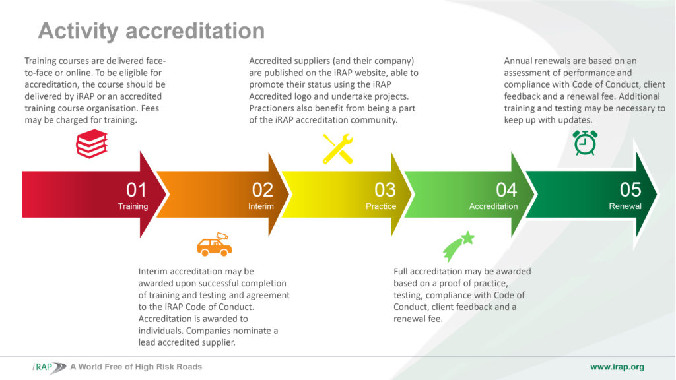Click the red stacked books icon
pos(91,144)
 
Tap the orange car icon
pos(215,244)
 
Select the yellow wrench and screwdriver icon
pos(337,148)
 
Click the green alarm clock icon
pos(585,142)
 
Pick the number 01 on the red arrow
pos(136,190)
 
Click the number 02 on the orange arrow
pos(263,190)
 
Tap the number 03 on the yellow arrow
pos(385,190)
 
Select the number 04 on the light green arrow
pos(506,190)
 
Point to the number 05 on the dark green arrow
pos(630,189)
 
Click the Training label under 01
pos(133,206)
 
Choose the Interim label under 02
pos(261,206)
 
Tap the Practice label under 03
pos(381,206)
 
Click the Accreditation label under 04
pos(494,206)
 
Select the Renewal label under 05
pos(625,206)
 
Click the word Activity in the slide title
pos(78,31)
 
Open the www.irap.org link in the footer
pos(617,367)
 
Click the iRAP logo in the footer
pos(49,367)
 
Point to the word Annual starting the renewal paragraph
pos(518,61)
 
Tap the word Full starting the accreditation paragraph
pos(401,271)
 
